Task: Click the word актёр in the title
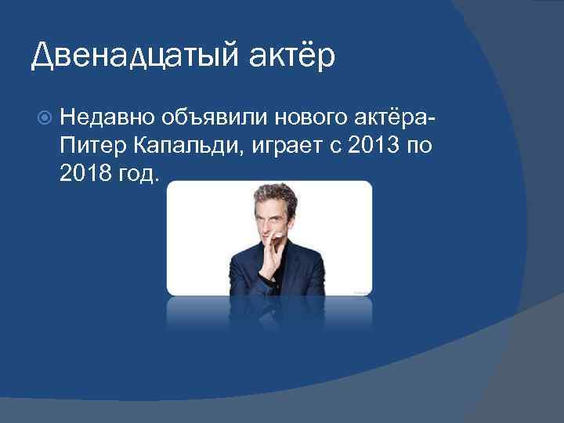click(293, 56)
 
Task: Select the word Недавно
click(105, 118)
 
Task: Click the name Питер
click(89, 145)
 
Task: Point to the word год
click(139, 172)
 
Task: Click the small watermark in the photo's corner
click(361, 291)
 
